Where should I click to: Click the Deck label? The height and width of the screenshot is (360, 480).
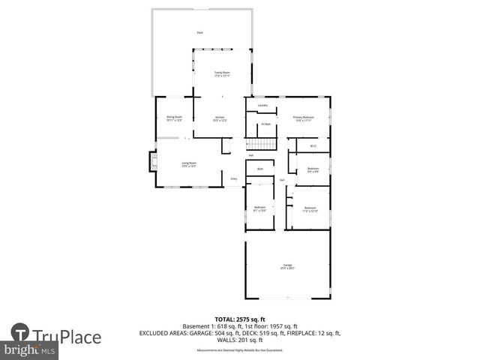coord(199,33)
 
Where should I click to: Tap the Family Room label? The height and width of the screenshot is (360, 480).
coord(222,73)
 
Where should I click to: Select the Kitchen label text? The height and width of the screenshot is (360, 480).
coord(220,118)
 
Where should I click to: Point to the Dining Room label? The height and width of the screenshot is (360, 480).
coord(174,118)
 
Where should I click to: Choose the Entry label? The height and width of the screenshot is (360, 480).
coord(234,178)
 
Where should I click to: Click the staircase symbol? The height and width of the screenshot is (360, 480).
coord(262,145)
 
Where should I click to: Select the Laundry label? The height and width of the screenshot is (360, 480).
coord(262,106)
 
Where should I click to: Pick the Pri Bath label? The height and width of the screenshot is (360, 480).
coord(265,124)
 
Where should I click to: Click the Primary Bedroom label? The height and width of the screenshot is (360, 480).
coord(303,118)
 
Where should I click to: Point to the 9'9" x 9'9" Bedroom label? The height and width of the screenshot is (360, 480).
coord(313,169)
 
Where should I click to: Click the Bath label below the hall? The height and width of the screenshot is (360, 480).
coord(259,169)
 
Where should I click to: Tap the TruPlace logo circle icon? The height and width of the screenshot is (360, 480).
coord(20,334)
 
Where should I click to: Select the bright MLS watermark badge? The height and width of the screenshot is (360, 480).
coord(29,350)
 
